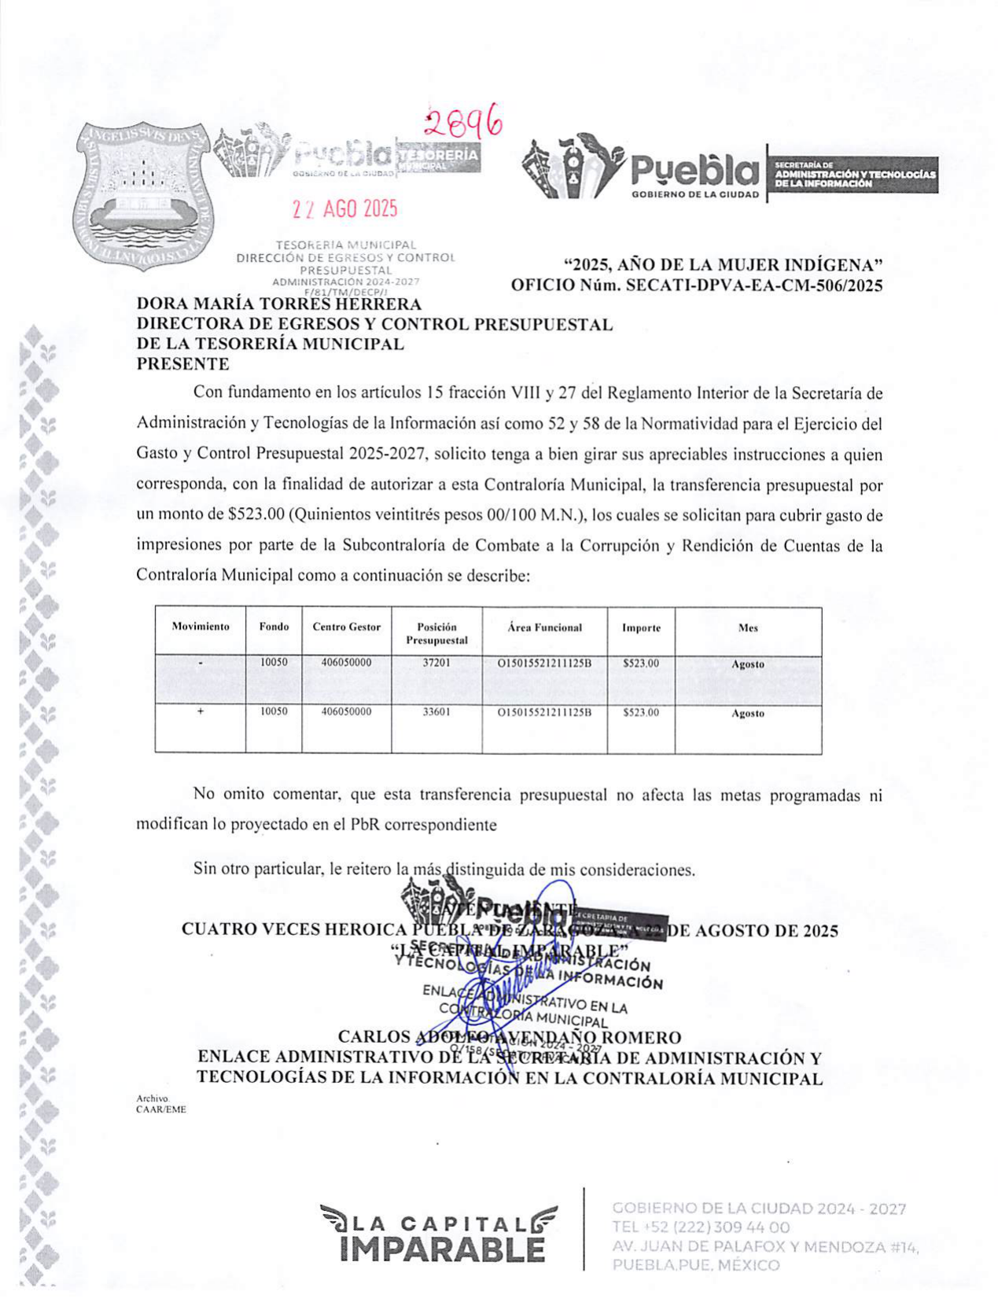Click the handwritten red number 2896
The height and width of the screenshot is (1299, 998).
(x=463, y=122)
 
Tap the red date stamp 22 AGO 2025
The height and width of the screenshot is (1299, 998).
(x=344, y=209)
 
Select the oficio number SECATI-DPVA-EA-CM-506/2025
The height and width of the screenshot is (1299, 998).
(x=753, y=285)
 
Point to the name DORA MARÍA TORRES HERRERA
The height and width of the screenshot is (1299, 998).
(x=279, y=304)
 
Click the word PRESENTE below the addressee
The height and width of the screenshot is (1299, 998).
(x=183, y=364)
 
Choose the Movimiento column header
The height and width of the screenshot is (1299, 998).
(x=201, y=627)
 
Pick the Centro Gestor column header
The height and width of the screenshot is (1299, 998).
(x=346, y=627)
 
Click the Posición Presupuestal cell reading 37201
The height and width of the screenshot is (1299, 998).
(x=436, y=663)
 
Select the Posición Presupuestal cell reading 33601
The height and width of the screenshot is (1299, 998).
(x=436, y=712)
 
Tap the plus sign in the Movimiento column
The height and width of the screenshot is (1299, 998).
(x=201, y=711)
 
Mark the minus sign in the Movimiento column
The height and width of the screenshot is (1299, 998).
(x=201, y=664)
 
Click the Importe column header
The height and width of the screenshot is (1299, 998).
(x=641, y=627)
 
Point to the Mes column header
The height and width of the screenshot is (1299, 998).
(x=748, y=627)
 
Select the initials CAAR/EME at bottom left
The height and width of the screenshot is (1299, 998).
(x=161, y=1109)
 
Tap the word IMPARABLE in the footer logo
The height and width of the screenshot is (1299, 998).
(x=443, y=1248)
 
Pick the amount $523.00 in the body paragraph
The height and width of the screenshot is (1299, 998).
(x=255, y=516)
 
